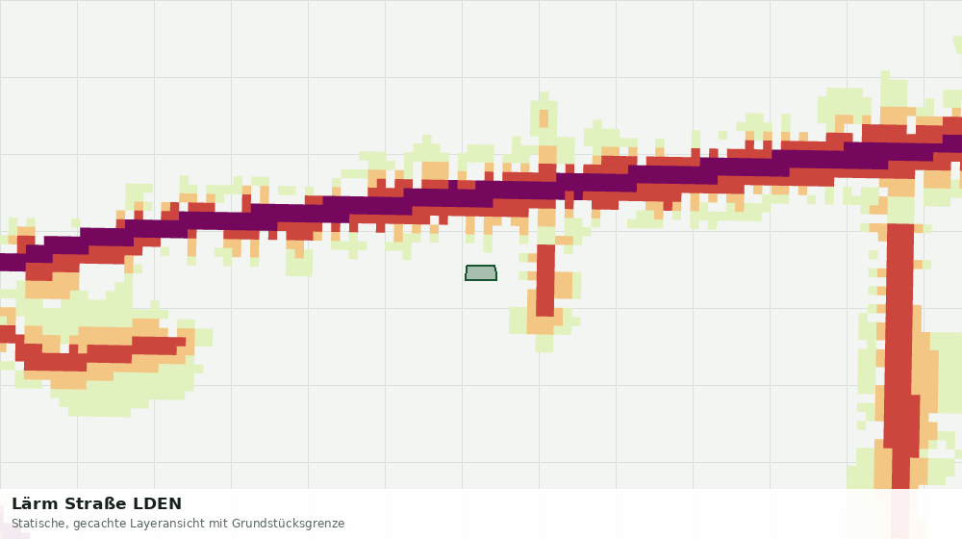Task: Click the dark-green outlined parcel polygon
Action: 481,273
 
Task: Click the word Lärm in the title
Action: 35,504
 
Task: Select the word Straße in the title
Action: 95,504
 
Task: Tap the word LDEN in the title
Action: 158,504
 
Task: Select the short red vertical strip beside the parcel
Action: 545,280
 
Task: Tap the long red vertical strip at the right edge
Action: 901,356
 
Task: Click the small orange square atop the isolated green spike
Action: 544,118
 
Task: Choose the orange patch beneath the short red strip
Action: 544,324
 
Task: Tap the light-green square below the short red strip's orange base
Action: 544,344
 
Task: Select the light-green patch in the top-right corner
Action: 956,44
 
